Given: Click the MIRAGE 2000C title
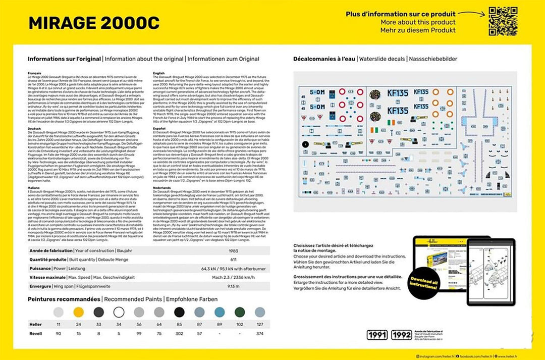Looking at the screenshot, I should coord(94,23).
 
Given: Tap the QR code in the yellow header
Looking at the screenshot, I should coord(503,21).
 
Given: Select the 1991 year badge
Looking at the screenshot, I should coord(377,335).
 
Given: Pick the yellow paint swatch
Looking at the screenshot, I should coord(78,312).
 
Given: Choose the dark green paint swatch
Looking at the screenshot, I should coord(240,312).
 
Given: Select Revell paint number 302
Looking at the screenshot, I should coord(179,334).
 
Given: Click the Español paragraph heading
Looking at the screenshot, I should coord(159,129).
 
